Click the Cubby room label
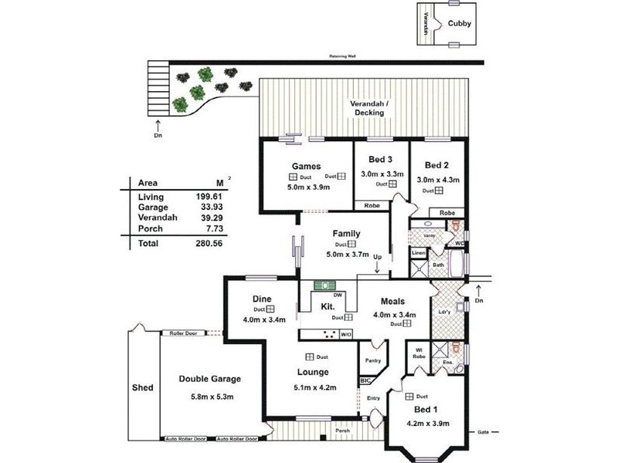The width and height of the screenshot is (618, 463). tap(459, 23)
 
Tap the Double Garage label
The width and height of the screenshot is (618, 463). tap(209, 379)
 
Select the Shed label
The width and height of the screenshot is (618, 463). tap(143, 387)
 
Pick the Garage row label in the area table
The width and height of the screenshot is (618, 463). tap(152, 208)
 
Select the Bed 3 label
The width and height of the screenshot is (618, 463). tap(381, 160)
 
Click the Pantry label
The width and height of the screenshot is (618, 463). tap(372, 360)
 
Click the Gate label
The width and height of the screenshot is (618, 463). tap(484, 432)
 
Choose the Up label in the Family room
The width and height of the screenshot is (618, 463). tap(377, 257)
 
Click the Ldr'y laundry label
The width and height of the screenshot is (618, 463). tap(443, 313)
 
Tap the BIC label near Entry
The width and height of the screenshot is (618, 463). tap(365, 381)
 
